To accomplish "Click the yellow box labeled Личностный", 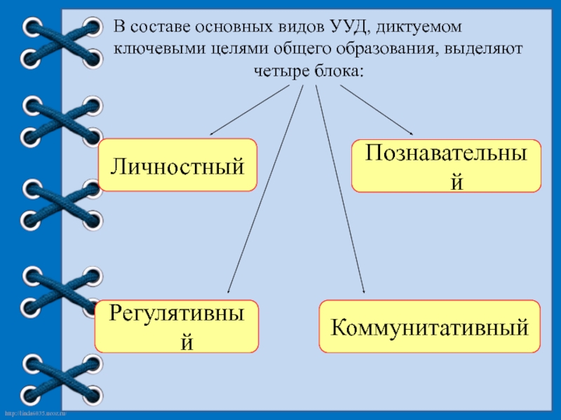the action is pos(177,165).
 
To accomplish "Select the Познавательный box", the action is pos(446,165).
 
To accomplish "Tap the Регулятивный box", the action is pos(177,326).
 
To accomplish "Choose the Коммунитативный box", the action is pos(430,326).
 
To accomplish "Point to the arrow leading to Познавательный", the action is pos(377,110).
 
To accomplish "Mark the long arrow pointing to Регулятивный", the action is pos(265,189).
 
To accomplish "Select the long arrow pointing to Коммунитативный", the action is pos(340,189).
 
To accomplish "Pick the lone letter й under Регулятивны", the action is pos(185,343).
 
